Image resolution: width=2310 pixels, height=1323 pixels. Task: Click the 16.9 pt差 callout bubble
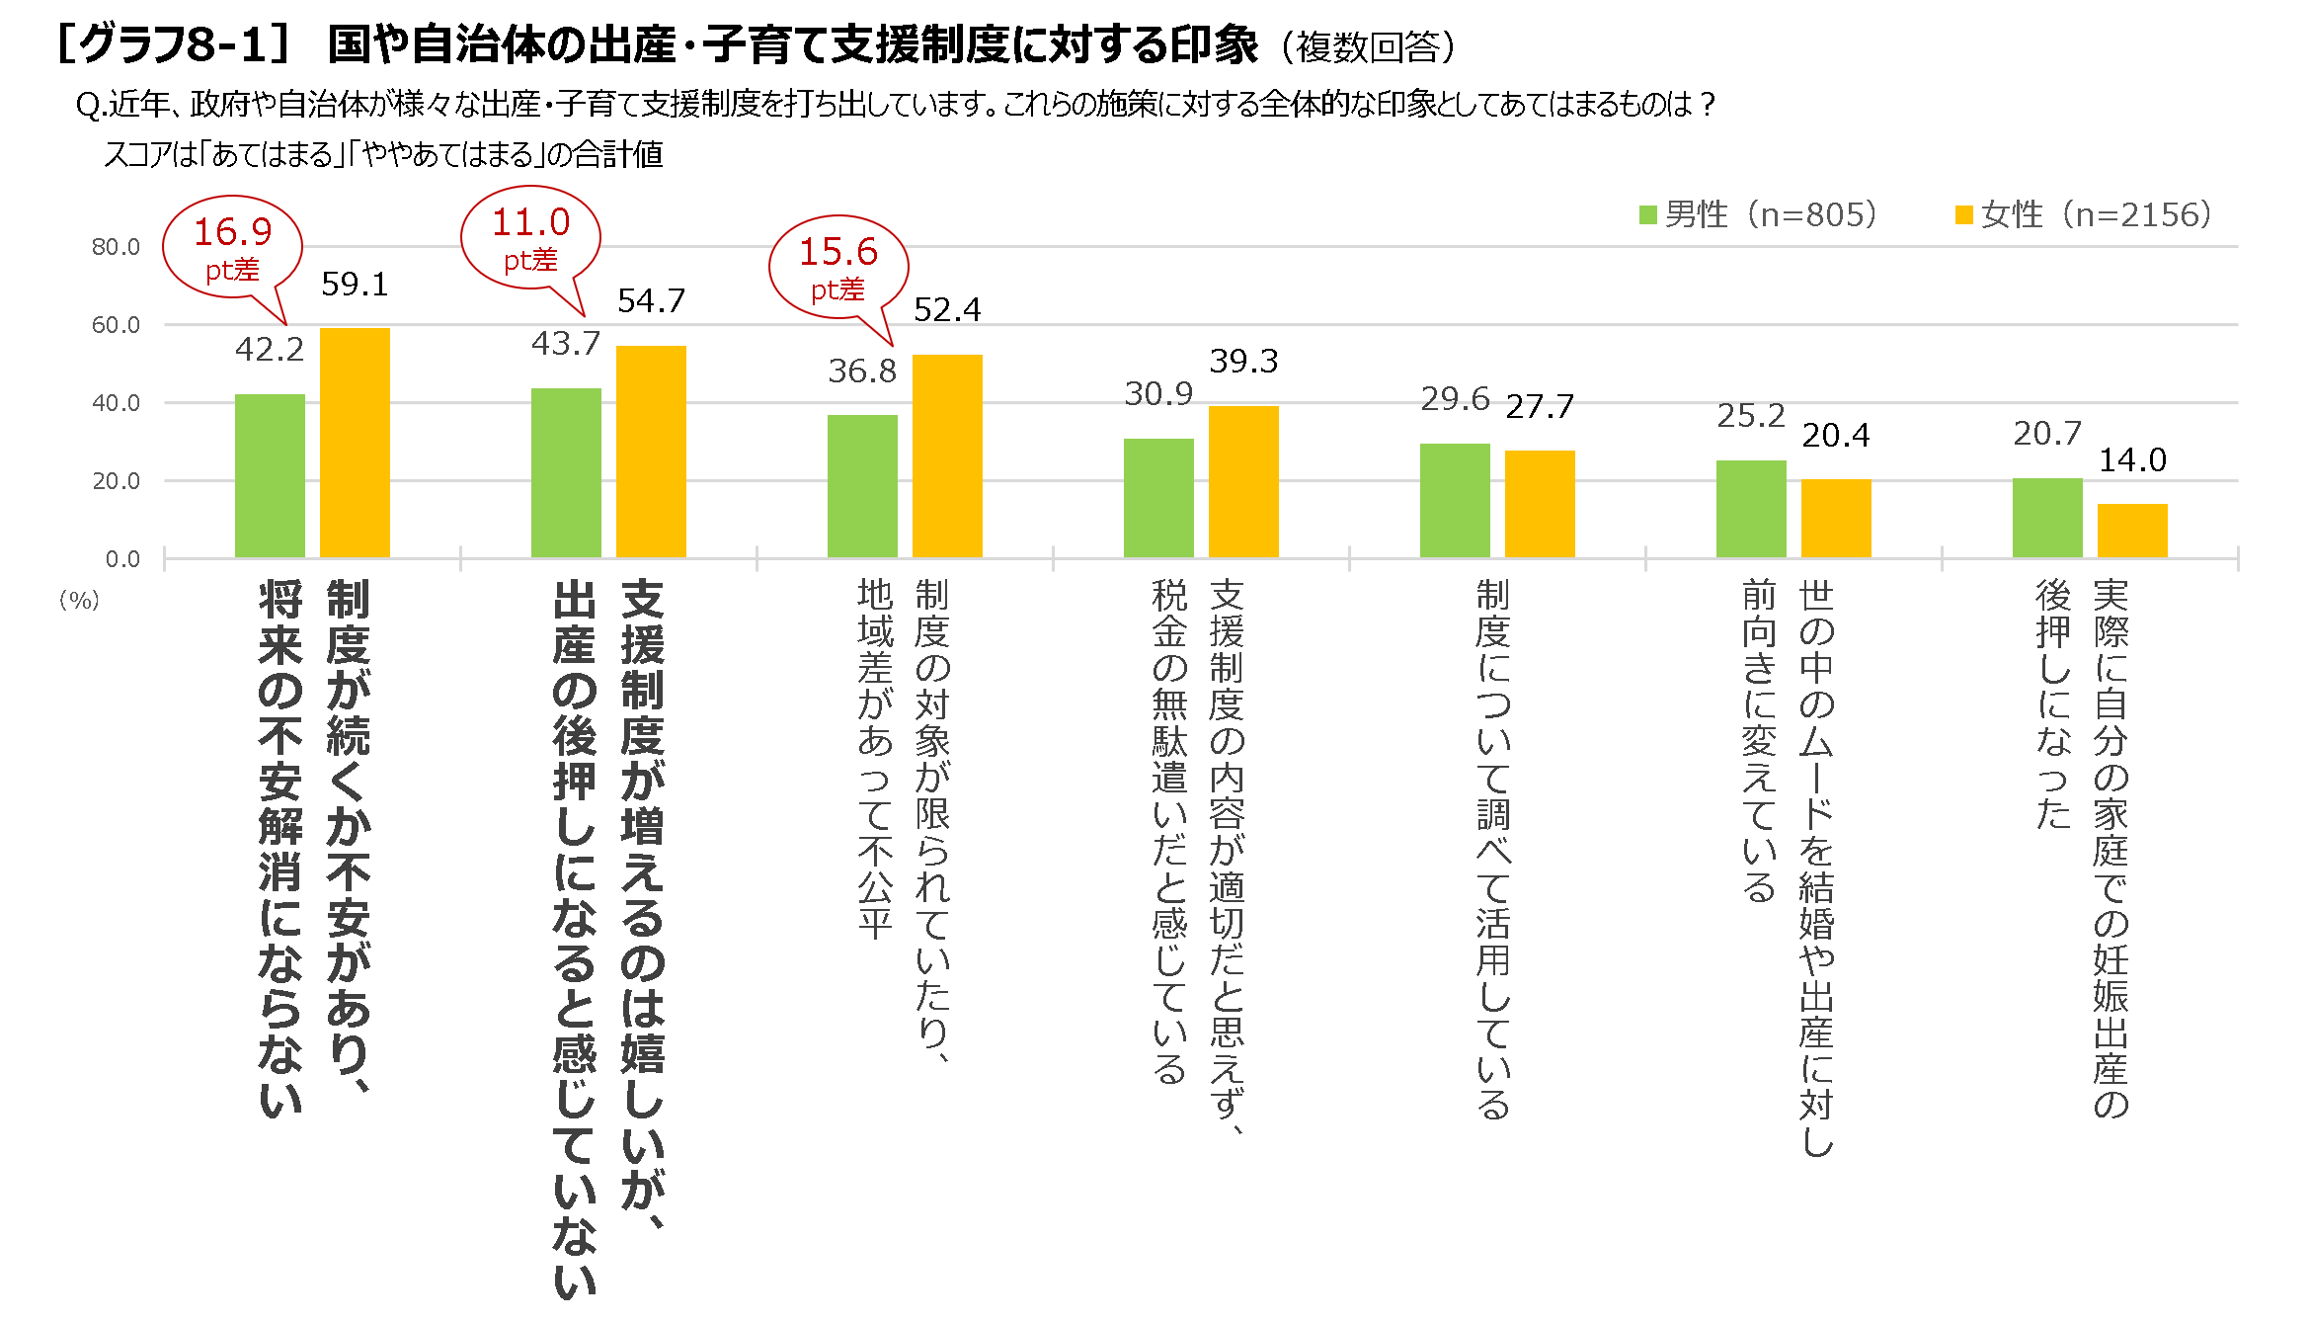232,247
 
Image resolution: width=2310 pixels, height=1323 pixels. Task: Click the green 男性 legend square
1647,215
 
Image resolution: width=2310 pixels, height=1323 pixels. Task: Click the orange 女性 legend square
1963,215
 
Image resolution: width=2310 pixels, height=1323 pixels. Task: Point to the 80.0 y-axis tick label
116,247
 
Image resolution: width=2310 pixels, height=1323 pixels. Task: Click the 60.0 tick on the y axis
116,325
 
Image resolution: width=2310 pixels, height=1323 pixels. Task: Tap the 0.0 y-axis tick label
122,559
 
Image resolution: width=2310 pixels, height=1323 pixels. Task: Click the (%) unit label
79,600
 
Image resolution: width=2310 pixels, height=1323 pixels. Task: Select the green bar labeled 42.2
270,476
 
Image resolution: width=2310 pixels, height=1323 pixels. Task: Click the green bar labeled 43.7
566,473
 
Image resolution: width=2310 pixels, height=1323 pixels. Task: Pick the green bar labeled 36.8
862,486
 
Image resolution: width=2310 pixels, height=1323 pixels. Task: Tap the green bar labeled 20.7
2047,518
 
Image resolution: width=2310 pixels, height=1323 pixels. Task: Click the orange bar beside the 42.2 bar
355,443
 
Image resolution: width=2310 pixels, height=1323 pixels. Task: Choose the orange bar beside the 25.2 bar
1836,519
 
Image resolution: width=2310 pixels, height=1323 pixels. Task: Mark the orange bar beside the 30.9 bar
1243,482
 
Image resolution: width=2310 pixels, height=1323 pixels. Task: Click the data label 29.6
1455,398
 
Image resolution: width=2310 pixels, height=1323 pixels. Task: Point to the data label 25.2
1751,416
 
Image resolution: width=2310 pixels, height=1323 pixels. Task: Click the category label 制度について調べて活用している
1493,850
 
